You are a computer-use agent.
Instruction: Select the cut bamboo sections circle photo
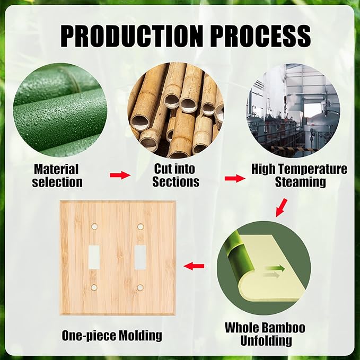coord(175,109)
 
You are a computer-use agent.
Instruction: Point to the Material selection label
coord(57,175)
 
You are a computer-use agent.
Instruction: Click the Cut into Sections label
coord(175,175)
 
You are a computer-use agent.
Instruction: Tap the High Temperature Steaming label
coord(300,175)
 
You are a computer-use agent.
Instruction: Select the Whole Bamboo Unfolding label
coord(265,334)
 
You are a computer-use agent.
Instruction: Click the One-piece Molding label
coord(112,335)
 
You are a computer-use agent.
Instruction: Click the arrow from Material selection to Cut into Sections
coord(120,175)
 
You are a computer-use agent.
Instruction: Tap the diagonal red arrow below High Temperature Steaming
coord(282,207)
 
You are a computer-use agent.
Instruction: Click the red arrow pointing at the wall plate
coord(194,266)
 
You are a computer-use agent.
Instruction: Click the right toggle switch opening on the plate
coord(141,257)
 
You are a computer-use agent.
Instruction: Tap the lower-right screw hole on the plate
coord(141,287)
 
